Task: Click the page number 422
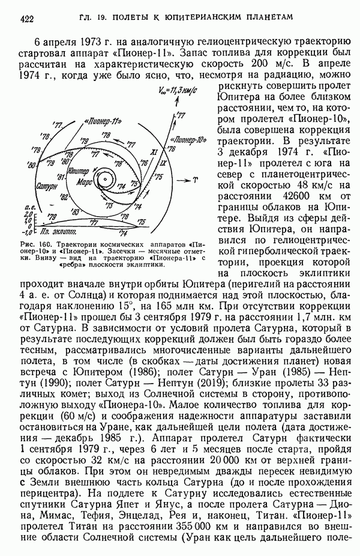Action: pyautogui.click(x=26, y=19)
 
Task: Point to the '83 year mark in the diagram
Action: pyautogui.click(x=76, y=212)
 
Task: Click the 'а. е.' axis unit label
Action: pyautogui.click(x=27, y=207)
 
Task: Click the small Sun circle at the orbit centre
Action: pyautogui.click(x=104, y=179)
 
